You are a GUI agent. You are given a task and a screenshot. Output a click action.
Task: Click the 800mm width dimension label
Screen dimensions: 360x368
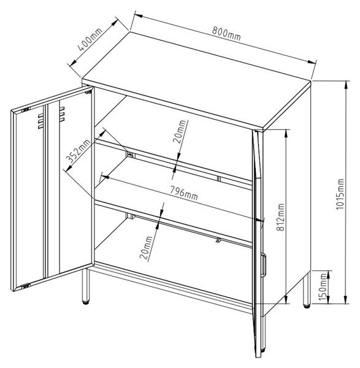click(x=226, y=33)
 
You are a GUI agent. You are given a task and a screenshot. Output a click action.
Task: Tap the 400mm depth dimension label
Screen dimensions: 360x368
click(x=90, y=39)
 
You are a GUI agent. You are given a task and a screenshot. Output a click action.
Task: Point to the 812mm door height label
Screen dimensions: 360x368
click(x=280, y=217)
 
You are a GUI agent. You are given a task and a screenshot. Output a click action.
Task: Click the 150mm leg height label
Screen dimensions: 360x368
click(x=323, y=287)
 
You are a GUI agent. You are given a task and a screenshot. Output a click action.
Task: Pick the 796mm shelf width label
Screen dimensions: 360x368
click(x=184, y=193)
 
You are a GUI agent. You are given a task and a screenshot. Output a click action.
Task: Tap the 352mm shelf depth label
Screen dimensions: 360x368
click(x=78, y=151)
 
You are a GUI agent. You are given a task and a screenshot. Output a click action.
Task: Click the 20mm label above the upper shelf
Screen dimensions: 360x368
click(x=180, y=131)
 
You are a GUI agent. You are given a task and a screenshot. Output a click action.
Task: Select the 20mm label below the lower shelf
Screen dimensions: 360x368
click(x=146, y=247)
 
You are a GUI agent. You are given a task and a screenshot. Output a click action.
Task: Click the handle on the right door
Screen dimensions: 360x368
click(x=264, y=263)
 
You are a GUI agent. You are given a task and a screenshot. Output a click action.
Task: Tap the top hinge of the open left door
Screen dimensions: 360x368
click(x=26, y=109)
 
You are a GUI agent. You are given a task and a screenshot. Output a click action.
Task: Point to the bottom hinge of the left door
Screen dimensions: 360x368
click(x=26, y=286)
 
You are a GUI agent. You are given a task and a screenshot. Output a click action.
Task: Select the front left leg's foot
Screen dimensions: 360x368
click(x=85, y=302)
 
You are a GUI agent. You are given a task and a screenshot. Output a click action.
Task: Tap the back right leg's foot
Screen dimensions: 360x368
click(x=307, y=305)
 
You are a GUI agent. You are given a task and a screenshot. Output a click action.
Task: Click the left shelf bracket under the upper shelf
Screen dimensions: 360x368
click(x=131, y=155)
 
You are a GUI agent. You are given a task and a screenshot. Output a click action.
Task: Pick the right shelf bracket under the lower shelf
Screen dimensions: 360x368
click(x=218, y=240)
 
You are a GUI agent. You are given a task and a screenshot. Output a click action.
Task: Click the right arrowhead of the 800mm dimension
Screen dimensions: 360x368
click(x=312, y=62)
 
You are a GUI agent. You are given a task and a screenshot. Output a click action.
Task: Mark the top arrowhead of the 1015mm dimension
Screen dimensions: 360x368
click(x=345, y=85)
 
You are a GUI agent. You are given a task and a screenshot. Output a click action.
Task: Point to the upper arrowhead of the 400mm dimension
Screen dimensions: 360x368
click(x=114, y=23)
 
